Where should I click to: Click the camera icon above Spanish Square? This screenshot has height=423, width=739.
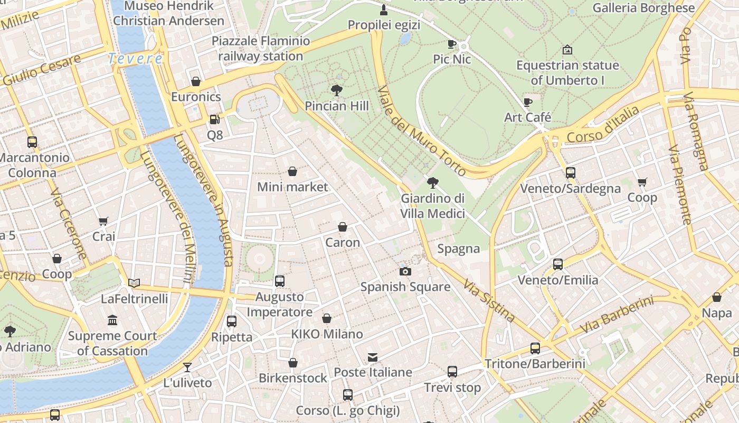coord(405,271)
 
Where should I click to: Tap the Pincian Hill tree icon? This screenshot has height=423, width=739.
coord(336,90)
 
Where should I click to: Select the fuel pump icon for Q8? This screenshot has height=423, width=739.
coord(214,119)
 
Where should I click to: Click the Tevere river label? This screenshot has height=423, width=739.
coord(135,59)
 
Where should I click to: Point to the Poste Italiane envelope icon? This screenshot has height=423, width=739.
coord(373,357)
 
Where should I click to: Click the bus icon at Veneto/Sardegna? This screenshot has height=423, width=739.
coord(570,172)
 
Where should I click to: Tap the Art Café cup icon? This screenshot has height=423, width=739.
coord(527,102)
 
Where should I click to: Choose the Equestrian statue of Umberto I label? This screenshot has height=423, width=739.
coord(567,73)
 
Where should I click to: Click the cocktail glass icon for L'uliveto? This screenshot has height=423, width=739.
coord(187,367)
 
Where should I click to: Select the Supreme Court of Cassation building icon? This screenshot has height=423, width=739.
coord(112,320)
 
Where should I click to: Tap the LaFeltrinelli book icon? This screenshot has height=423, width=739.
coord(134,283)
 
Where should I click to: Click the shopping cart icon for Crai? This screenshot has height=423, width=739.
coord(103,221)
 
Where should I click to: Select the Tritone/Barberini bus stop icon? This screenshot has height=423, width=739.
coord(535,348)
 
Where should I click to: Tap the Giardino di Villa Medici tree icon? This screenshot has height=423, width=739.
coord(432,183)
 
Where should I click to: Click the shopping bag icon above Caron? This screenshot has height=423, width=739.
coord(343,227)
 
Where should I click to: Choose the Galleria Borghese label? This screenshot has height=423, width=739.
coord(643,8)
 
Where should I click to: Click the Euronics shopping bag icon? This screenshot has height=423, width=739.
coord(196,81)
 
